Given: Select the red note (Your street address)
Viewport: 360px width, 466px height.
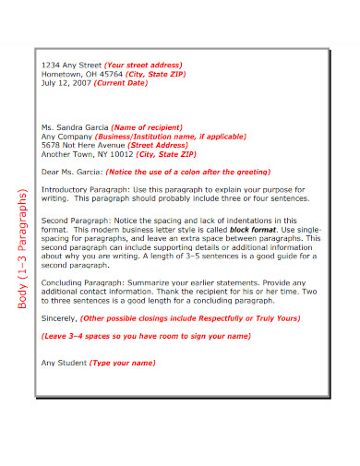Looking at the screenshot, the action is point(144,65).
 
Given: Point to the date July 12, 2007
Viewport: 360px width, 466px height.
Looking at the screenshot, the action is point(68,83).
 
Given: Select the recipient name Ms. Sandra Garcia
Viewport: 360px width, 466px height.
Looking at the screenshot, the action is point(76,126).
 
